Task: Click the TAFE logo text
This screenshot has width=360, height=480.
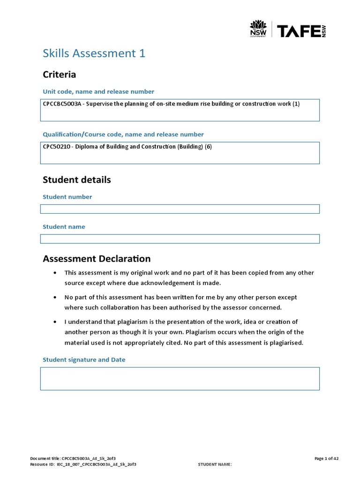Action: [x=298, y=31]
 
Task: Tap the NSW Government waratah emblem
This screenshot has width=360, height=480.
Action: [x=258, y=29]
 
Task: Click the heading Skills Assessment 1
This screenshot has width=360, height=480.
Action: [x=94, y=53]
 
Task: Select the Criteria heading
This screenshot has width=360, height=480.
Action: [x=59, y=75]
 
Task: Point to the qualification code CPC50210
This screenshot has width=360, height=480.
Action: [x=57, y=147]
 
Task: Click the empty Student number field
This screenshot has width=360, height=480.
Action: [x=180, y=209]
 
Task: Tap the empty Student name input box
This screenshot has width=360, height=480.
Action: [x=180, y=239]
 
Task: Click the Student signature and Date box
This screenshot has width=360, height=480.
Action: [x=180, y=379]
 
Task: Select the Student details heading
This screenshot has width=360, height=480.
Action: [x=76, y=180]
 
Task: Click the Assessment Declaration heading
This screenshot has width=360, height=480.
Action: [x=97, y=259]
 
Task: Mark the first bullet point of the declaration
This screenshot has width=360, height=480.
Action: [x=56, y=273]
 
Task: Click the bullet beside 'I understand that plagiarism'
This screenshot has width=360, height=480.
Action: [x=56, y=322]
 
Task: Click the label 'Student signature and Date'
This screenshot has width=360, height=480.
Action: [x=84, y=360]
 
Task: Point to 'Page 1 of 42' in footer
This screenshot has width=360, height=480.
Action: [x=326, y=458]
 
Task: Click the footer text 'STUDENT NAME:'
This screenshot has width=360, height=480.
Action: [x=215, y=464]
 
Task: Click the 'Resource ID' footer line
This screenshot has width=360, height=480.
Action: [x=83, y=464]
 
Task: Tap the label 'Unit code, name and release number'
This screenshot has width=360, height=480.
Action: [x=98, y=91]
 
